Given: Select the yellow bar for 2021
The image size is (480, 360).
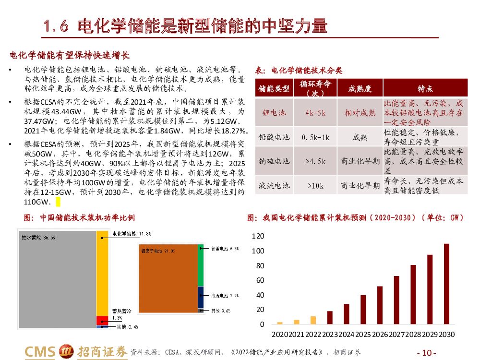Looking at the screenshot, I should [297, 322].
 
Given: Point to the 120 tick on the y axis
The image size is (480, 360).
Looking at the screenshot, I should [258, 236].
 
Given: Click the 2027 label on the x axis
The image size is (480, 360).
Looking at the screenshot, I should [396, 334].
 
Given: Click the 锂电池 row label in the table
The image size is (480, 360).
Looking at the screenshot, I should [274, 113].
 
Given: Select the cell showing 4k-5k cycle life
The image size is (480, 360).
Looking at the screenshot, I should [315, 113].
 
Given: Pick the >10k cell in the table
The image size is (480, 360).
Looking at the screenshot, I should [315, 185].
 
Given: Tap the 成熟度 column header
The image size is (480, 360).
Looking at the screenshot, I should [360, 89].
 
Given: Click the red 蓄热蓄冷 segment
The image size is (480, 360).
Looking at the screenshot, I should [102, 320].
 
